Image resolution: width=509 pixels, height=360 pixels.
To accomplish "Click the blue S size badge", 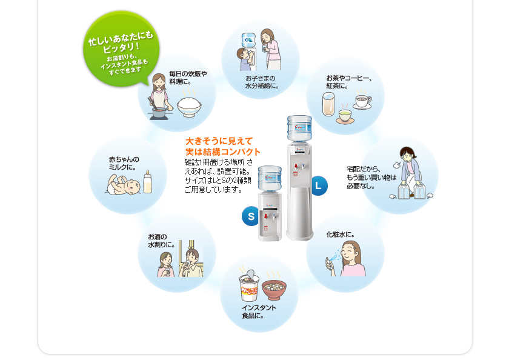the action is [250, 216].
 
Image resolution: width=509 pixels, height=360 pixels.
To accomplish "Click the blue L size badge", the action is [319, 185].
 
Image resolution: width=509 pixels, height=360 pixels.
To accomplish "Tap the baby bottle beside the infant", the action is [148, 182].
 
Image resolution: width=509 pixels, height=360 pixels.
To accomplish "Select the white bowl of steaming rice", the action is [189, 107].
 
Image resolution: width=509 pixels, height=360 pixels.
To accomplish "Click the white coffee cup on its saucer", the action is [362, 102].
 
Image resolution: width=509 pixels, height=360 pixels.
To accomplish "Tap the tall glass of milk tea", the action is [328, 104].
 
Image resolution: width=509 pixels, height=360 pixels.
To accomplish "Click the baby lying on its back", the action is [124, 185].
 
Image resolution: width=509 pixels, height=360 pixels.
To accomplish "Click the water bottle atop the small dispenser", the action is [270, 178].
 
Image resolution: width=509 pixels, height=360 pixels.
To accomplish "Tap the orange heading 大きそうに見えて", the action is [219, 141].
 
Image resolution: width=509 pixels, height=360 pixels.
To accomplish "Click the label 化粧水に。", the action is [341, 235].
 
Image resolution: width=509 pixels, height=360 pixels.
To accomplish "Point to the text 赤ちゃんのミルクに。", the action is [124, 163].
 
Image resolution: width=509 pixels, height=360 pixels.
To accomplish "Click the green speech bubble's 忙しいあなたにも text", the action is [121, 39].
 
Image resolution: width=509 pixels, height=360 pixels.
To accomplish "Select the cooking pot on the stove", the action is [159, 113].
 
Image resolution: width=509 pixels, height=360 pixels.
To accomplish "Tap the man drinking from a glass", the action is [192, 262].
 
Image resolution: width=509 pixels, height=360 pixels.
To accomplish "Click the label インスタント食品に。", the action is [259, 312].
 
